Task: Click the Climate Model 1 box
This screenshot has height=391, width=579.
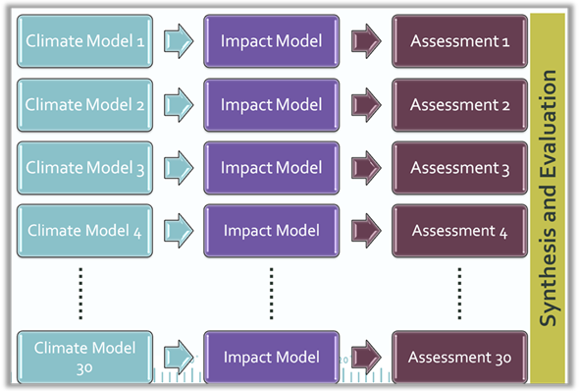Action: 84,41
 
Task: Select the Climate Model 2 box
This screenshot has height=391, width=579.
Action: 84,104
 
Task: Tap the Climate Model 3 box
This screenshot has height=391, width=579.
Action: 84,168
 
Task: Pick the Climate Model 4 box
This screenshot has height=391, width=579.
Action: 84,231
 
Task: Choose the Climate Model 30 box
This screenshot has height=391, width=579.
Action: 84,357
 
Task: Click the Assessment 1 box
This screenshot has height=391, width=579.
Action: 459,41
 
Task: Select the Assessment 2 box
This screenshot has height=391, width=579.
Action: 459,104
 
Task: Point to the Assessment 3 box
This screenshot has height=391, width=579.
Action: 459,168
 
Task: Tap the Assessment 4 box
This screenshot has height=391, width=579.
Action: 459,231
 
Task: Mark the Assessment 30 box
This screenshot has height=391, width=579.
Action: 459,357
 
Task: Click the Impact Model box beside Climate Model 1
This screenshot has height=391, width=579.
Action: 271,41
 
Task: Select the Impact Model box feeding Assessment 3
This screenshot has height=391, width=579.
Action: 271,168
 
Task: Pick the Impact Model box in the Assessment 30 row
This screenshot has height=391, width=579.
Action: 271,357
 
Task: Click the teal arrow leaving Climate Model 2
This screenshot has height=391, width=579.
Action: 178,104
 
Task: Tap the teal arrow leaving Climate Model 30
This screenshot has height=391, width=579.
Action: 178,357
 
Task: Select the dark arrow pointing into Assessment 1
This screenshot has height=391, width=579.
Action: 366,41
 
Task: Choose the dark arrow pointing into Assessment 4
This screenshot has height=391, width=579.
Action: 366,231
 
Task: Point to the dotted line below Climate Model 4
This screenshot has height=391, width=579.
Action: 81,293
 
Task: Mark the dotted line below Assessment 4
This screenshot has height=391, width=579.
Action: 459,293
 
